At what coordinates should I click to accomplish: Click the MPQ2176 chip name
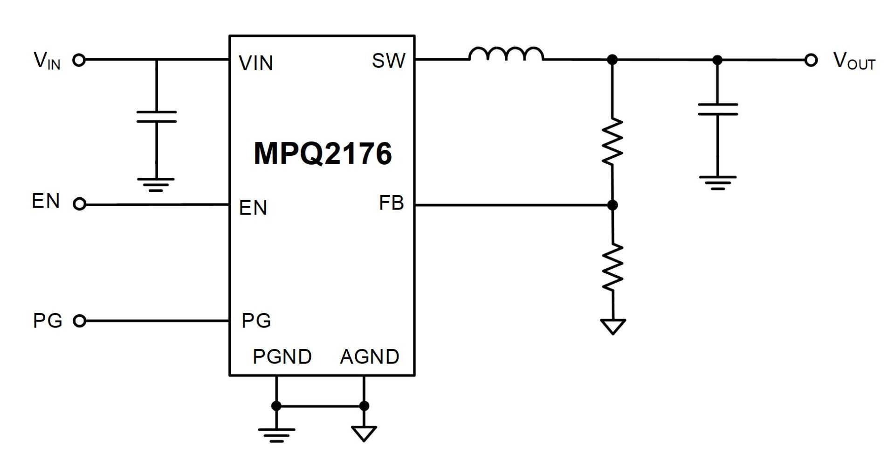[x=323, y=153]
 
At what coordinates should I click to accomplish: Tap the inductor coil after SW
[x=506, y=55]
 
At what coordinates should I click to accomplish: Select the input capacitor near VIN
[x=157, y=117]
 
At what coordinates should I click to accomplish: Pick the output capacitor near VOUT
[x=718, y=109]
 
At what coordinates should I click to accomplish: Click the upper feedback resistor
[x=613, y=141]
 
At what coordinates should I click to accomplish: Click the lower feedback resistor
[x=613, y=267]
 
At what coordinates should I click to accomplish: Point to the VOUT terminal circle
[x=811, y=60]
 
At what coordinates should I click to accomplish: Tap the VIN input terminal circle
[x=79, y=60]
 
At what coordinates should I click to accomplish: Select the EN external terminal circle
[x=80, y=204]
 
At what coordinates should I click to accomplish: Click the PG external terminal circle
[x=80, y=321]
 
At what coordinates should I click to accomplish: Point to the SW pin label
[x=388, y=61]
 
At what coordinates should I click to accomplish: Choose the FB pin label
[x=391, y=203]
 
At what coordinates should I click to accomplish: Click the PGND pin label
[x=282, y=357]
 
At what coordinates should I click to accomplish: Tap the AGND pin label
[x=370, y=357]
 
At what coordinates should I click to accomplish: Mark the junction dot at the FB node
[x=613, y=205]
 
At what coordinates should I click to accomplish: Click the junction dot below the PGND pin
[x=276, y=406]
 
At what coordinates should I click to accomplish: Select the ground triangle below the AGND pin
[x=364, y=433]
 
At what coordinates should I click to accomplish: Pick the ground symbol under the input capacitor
[x=156, y=184]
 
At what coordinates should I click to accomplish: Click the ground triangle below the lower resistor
[x=613, y=326]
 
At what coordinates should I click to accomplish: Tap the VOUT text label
[x=854, y=61]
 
